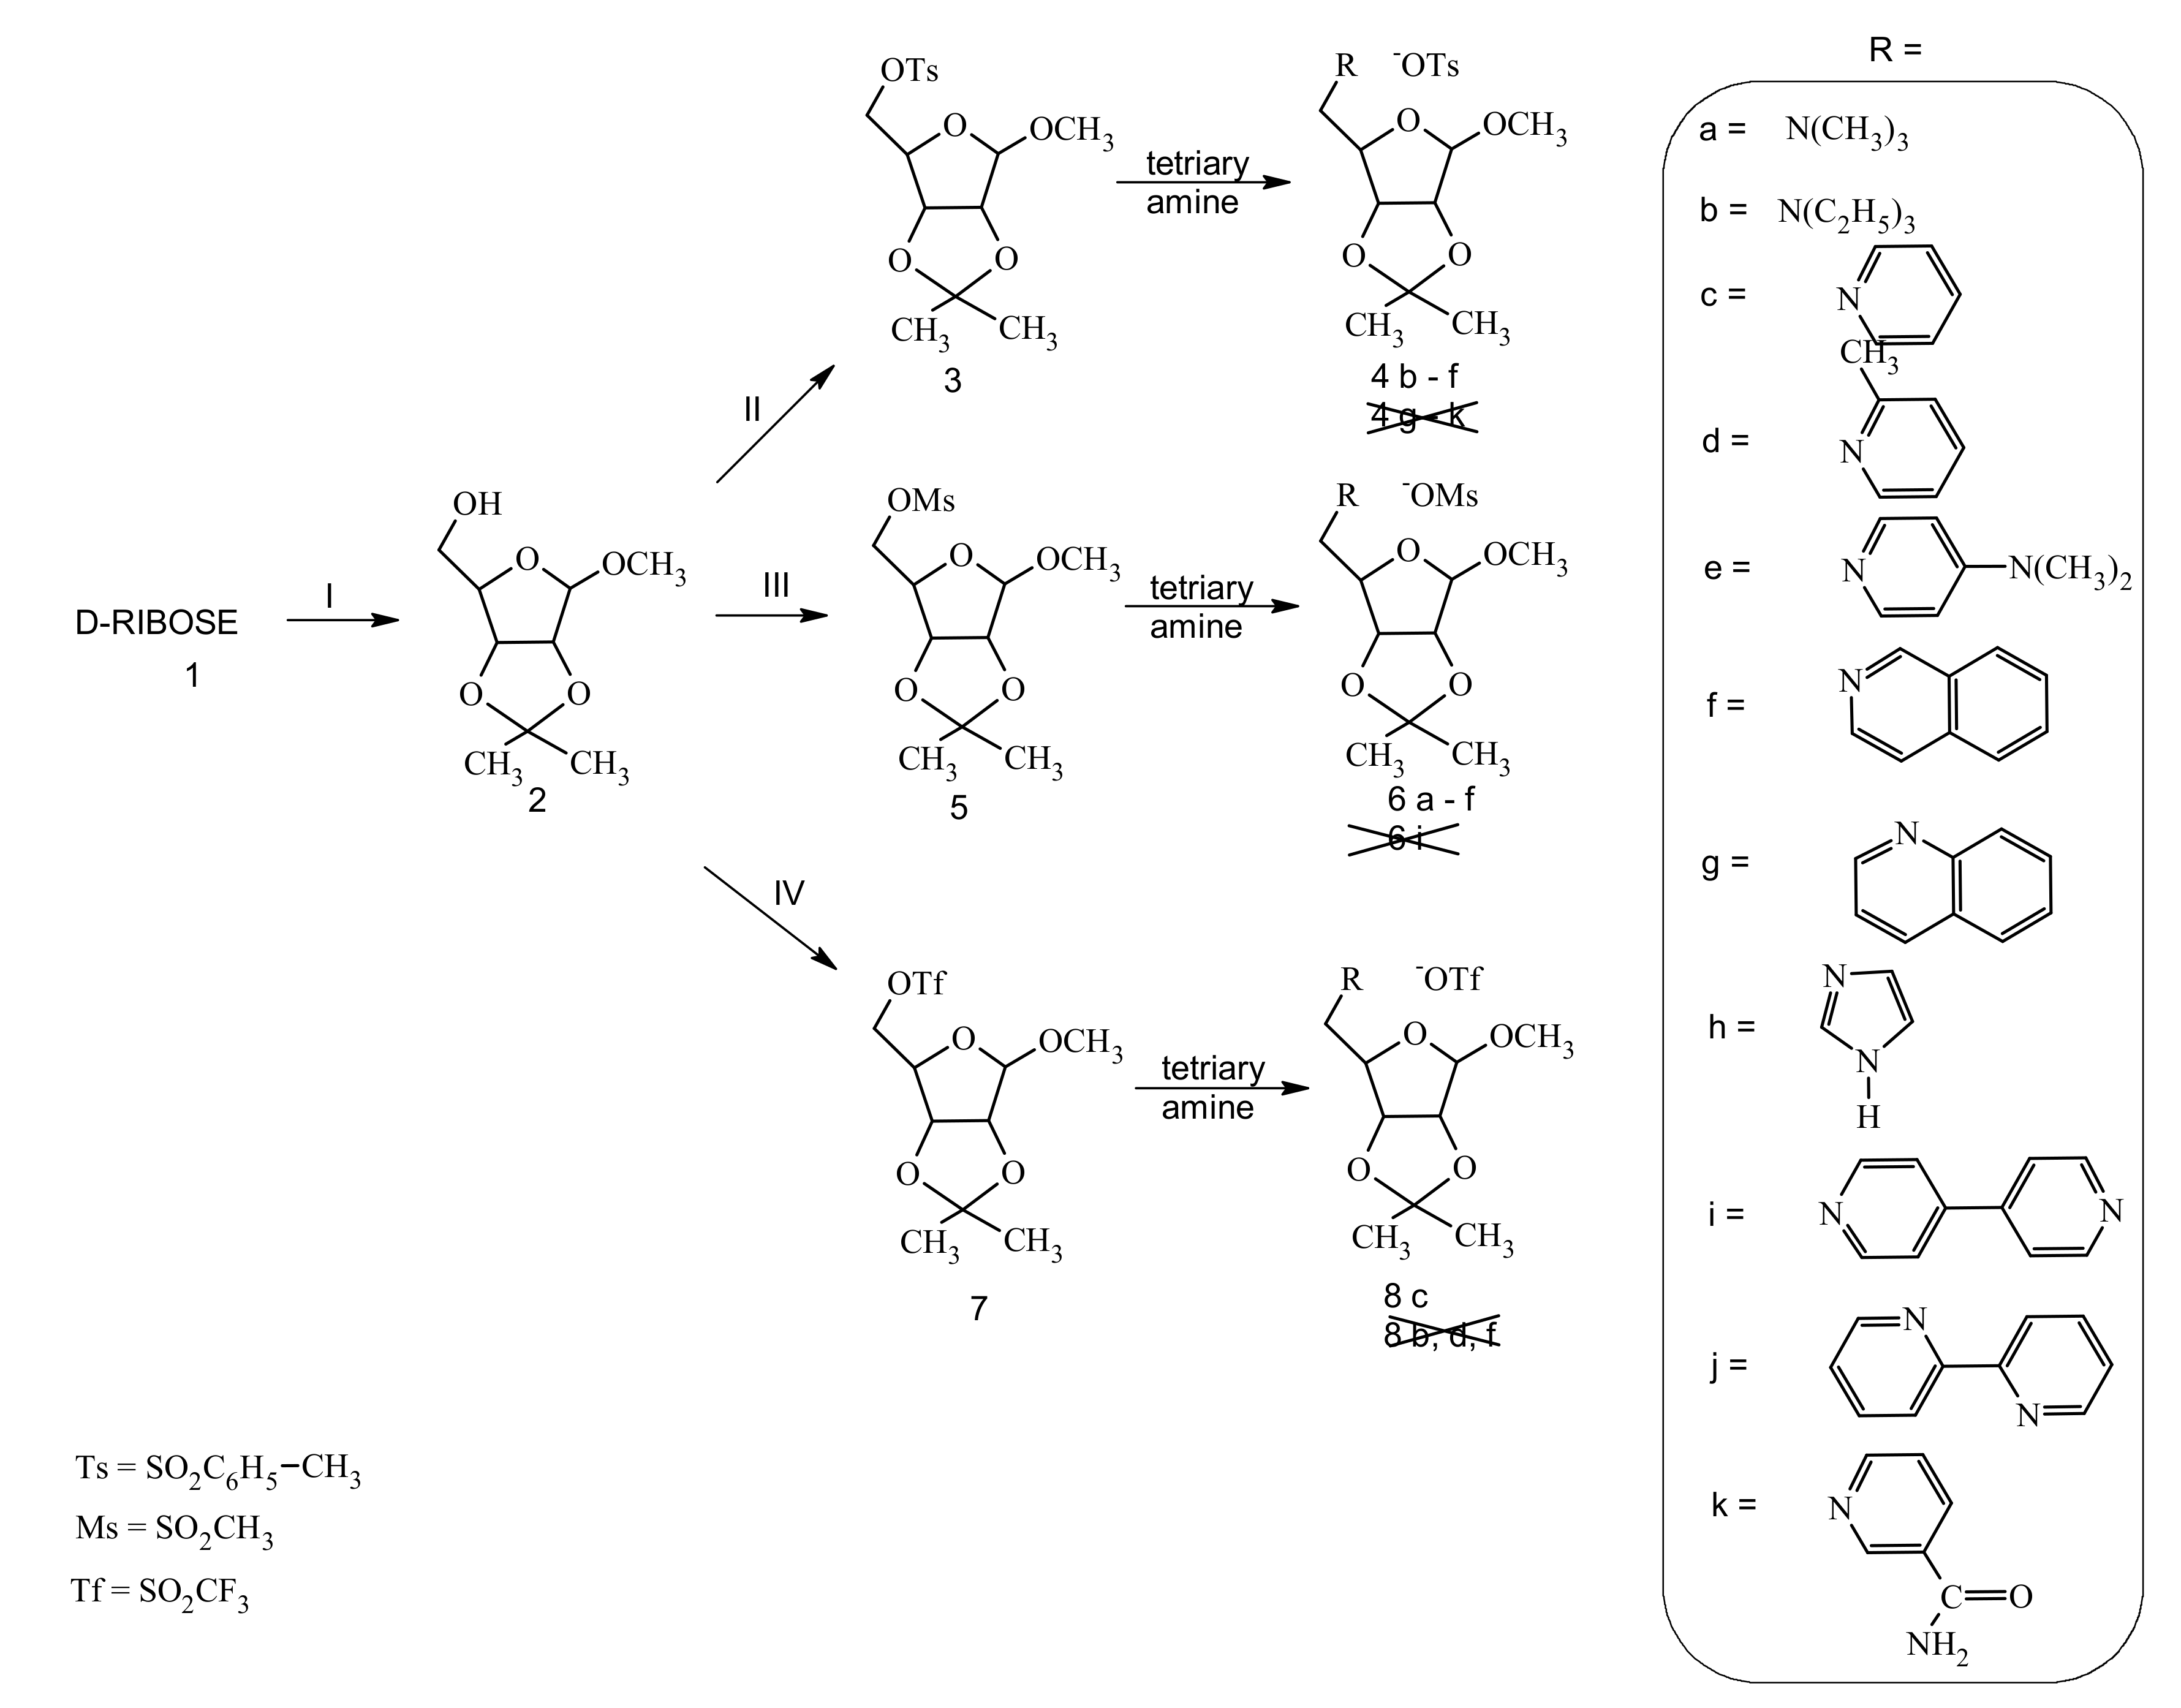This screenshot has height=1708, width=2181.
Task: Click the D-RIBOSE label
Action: point(156,622)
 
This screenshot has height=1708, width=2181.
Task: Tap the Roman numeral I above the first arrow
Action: point(329,596)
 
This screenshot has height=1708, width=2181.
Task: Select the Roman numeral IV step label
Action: point(789,893)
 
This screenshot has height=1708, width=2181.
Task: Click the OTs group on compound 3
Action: point(909,70)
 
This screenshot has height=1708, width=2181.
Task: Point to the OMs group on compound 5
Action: point(920,500)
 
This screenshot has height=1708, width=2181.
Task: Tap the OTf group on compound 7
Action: point(915,984)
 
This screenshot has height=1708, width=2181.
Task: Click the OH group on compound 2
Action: point(477,503)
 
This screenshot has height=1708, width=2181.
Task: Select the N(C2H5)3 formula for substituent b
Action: point(1846,213)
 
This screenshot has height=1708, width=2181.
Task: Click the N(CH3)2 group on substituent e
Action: point(2070,570)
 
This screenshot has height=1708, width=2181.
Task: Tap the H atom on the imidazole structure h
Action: point(1868,1117)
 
